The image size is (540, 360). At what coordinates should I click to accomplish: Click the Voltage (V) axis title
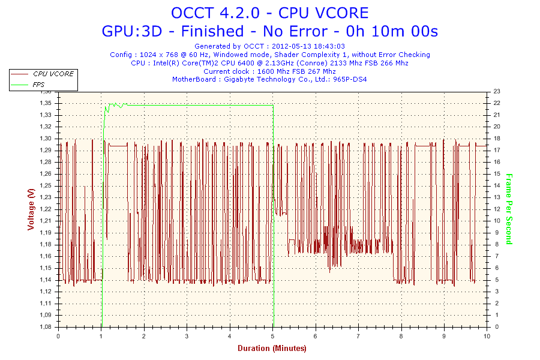tap(31, 209)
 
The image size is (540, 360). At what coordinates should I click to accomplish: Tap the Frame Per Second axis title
tap(509, 209)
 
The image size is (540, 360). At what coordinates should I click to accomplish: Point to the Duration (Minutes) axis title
tap(272, 348)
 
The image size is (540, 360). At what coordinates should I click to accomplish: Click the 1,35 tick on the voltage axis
tap(46, 103)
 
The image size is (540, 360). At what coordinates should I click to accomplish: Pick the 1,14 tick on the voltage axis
tap(46, 280)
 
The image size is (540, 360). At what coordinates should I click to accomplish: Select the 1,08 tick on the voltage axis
tap(46, 326)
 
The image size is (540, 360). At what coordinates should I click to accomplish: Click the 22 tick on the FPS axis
tap(497, 103)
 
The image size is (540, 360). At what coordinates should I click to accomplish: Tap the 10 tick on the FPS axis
tap(497, 221)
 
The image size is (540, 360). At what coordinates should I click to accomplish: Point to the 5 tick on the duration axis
tap(272, 336)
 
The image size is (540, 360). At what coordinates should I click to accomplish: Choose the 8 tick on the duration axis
tap(401, 336)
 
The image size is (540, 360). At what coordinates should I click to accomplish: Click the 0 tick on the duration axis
tap(58, 336)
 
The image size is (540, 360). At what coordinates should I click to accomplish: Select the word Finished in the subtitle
tap(212, 31)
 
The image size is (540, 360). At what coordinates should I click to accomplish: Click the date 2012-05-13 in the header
tap(288, 46)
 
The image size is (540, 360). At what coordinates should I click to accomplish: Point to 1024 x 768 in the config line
tap(159, 55)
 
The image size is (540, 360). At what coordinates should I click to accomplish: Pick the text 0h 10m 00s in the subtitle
tap(392, 31)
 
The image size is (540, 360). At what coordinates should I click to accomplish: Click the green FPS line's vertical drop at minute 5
tap(274, 216)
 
